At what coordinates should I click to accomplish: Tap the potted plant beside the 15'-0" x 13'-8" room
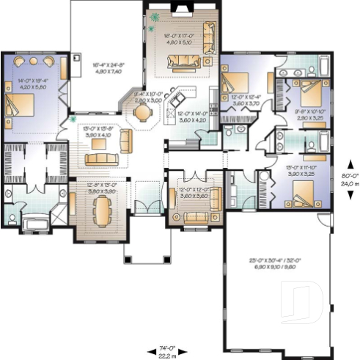pyautogui.click(x=73, y=118)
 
